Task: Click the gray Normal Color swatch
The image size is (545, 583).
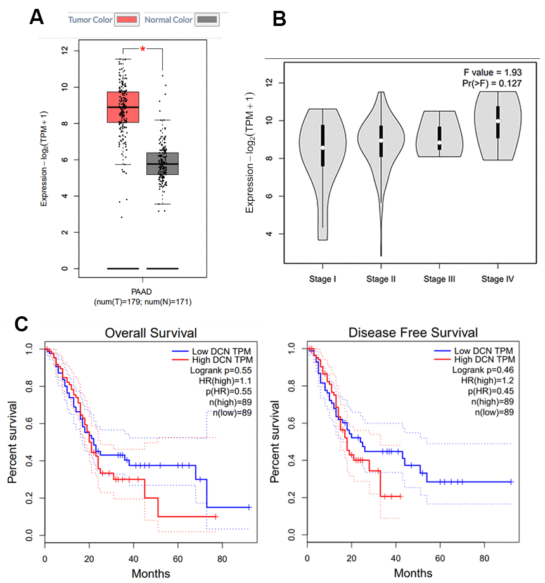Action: click(208, 20)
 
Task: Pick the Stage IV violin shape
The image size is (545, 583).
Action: click(498, 126)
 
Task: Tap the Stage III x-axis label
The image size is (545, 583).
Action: click(440, 279)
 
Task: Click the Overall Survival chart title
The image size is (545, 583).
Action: click(151, 332)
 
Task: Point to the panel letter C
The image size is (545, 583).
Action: click(20, 324)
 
